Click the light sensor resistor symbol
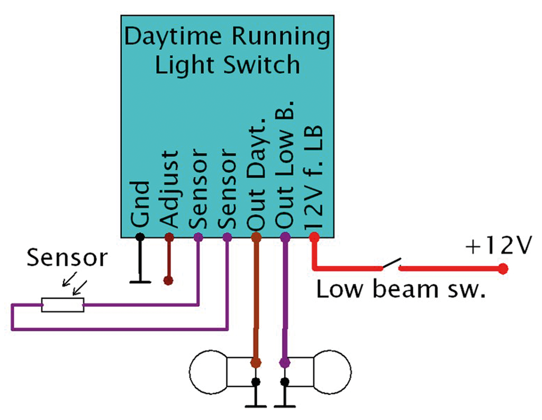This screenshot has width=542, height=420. [x=63, y=305]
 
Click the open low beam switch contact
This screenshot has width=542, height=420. [x=390, y=264]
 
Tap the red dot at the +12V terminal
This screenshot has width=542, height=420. [x=503, y=269]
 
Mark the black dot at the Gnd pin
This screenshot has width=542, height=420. [x=140, y=237]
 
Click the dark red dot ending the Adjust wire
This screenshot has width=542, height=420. [x=169, y=280]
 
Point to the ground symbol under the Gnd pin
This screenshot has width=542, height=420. [x=140, y=281]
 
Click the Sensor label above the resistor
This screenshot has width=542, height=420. [x=67, y=258]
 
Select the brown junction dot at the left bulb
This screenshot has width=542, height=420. [x=256, y=363]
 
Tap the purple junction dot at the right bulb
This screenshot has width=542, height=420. [x=285, y=363]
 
